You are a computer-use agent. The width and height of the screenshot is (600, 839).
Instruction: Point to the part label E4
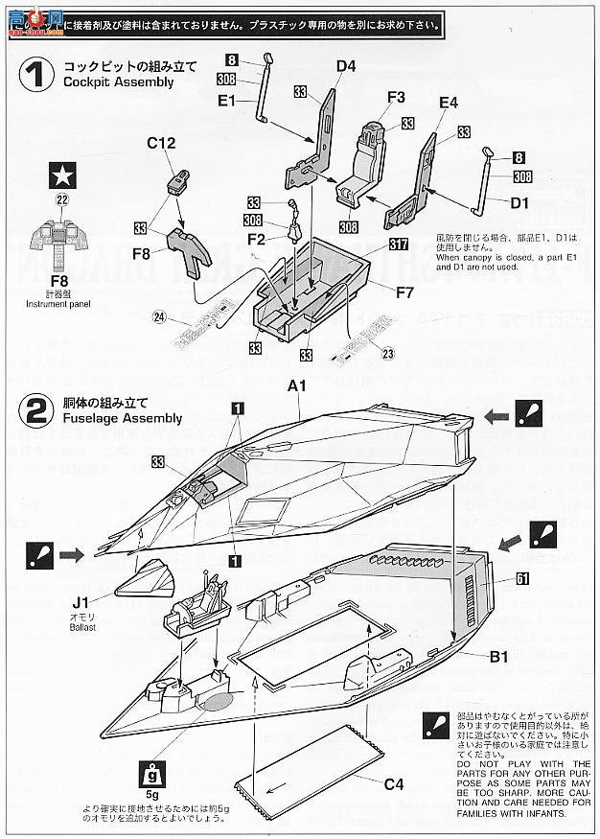click(449, 103)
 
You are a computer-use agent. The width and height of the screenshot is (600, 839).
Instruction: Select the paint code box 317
click(400, 245)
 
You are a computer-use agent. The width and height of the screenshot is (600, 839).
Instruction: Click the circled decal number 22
click(62, 200)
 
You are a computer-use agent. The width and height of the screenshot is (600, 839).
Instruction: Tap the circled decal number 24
click(159, 318)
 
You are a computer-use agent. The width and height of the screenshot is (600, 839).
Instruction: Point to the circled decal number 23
click(387, 354)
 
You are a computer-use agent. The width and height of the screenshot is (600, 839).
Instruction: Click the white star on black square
click(63, 175)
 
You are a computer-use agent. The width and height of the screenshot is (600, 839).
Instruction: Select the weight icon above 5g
click(150, 773)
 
